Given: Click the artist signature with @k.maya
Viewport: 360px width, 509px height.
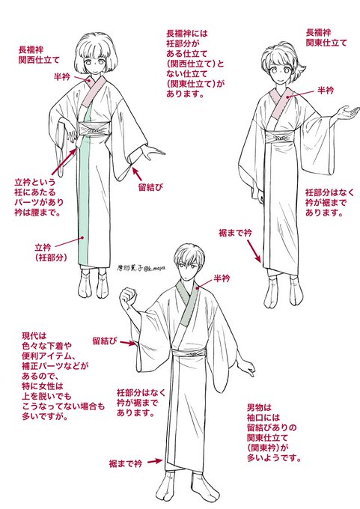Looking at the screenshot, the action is tap(141, 267).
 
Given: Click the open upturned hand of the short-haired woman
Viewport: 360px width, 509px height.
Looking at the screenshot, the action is tap(348, 112).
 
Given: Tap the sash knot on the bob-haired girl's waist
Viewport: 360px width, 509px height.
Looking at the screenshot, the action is tap(94, 129).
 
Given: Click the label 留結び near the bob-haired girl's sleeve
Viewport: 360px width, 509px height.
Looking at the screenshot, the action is tap(150, 187).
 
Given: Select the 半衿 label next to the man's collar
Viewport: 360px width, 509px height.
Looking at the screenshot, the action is tap(222, 278).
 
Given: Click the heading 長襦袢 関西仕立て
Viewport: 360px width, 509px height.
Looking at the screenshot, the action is tap(39, 55).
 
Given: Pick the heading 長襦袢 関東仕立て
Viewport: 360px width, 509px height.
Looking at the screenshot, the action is tap(326, 37).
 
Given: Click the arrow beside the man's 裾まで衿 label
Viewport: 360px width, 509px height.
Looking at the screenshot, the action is tap(155, 461).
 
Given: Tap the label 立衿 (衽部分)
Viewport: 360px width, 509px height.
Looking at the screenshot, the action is tap(51, 252).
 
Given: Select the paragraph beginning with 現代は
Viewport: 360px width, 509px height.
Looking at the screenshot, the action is tap(64, 377).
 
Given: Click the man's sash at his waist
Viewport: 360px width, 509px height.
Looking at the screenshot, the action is tap(189, 353).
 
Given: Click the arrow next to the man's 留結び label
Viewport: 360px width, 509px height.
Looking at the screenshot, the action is tap(127, 343).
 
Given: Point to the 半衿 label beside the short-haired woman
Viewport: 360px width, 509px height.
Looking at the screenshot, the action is tap(326, 90).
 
